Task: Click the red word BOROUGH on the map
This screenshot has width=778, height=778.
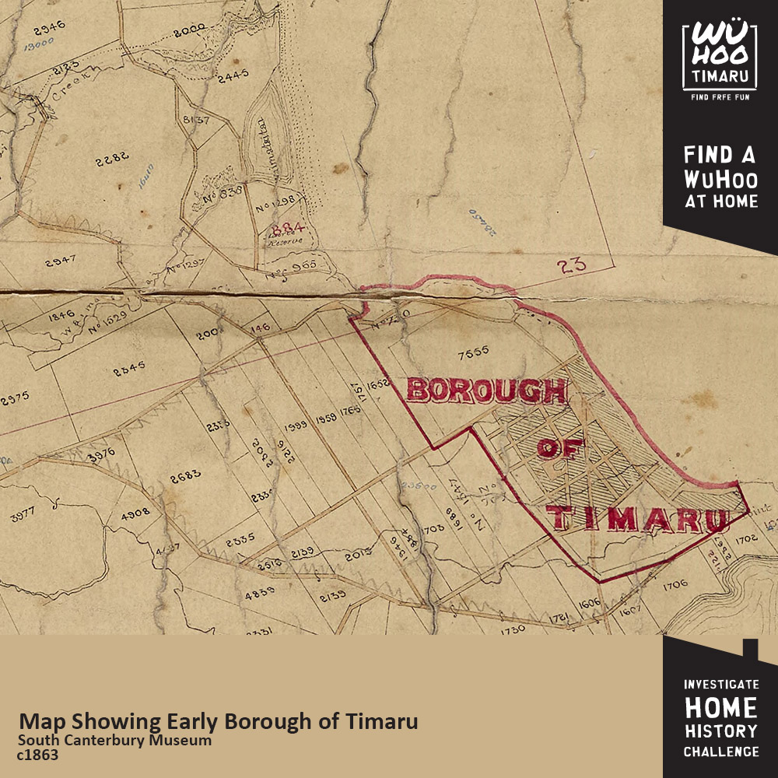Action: [486, 391]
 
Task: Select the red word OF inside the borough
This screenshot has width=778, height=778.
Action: [561, 450]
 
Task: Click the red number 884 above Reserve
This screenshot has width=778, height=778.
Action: [285, 230]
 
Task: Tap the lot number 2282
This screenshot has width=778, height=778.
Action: [111, 161]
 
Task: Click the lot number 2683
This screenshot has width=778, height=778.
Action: [186, 474]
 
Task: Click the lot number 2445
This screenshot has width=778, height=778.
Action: [233, 75]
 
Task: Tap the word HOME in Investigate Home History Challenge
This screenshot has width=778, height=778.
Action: [720, 708]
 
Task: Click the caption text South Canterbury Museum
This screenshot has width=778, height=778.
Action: [114, 740]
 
